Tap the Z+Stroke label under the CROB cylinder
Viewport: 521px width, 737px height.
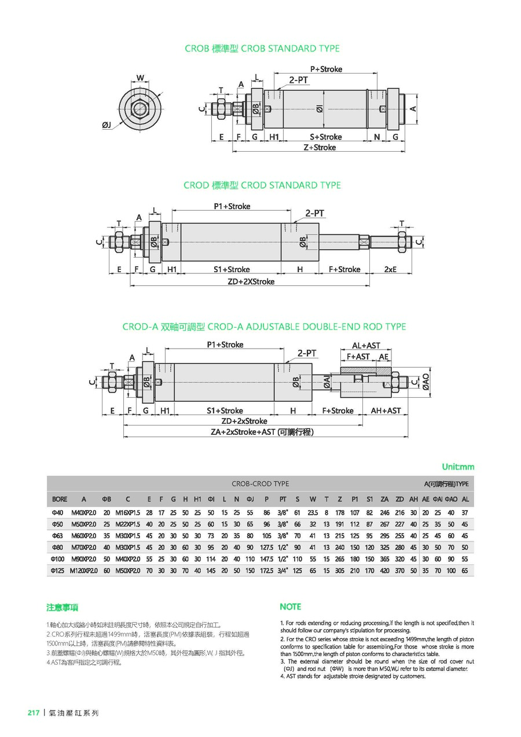[320, 148]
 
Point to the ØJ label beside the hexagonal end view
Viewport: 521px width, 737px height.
[107, 124]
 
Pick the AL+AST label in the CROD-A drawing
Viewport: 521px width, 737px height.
[366, 346]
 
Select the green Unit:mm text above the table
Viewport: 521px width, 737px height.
[458, 467]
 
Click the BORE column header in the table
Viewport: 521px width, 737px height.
[60, 499]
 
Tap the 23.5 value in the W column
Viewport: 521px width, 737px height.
[313, 512]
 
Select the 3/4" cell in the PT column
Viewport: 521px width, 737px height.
[283, 570]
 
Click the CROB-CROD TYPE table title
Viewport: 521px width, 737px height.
[260, 484]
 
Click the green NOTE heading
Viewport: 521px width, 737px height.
[291, 607]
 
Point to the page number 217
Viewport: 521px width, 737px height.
[34, 713]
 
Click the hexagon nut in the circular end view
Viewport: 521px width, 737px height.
[139, 107]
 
